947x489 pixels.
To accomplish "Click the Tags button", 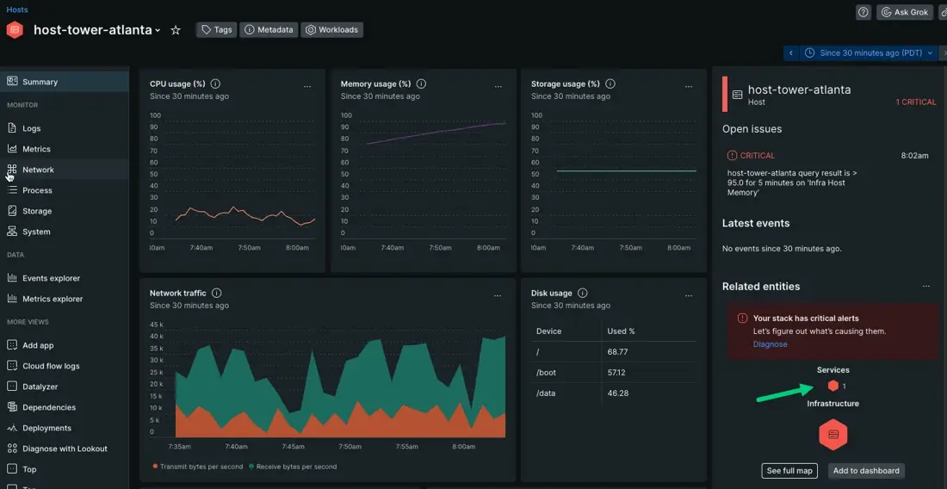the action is [216, 29].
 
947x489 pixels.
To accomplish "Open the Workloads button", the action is [331, 29].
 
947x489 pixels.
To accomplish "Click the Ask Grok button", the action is [905, 12].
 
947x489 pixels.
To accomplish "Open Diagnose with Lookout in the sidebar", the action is [64, 449].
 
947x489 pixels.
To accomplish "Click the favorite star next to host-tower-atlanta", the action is [176, 30].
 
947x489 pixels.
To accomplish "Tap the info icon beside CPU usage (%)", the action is [215, 84].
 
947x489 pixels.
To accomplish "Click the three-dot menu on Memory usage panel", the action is [498, 86].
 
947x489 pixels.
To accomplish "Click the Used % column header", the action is [621, 331].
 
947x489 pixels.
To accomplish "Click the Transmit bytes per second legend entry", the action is [197, 467].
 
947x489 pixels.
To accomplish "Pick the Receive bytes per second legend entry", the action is [293, 467].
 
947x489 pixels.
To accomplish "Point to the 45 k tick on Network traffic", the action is [156, 325].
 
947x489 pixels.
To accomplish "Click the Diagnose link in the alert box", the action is [770, 344].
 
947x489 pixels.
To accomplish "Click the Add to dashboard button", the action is [866, 471].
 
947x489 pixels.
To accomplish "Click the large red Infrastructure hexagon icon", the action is [833, 435].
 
